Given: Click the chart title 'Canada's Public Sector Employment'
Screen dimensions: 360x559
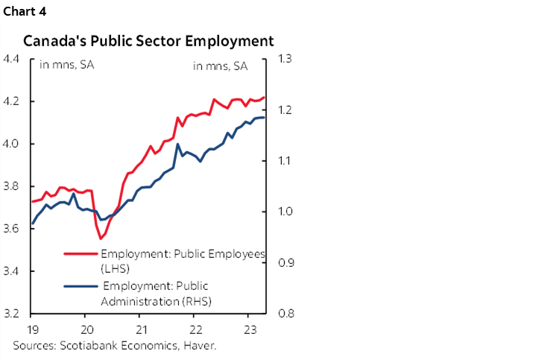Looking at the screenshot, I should tap(149, 40).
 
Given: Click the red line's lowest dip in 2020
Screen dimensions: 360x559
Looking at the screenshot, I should tap(101, 239).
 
